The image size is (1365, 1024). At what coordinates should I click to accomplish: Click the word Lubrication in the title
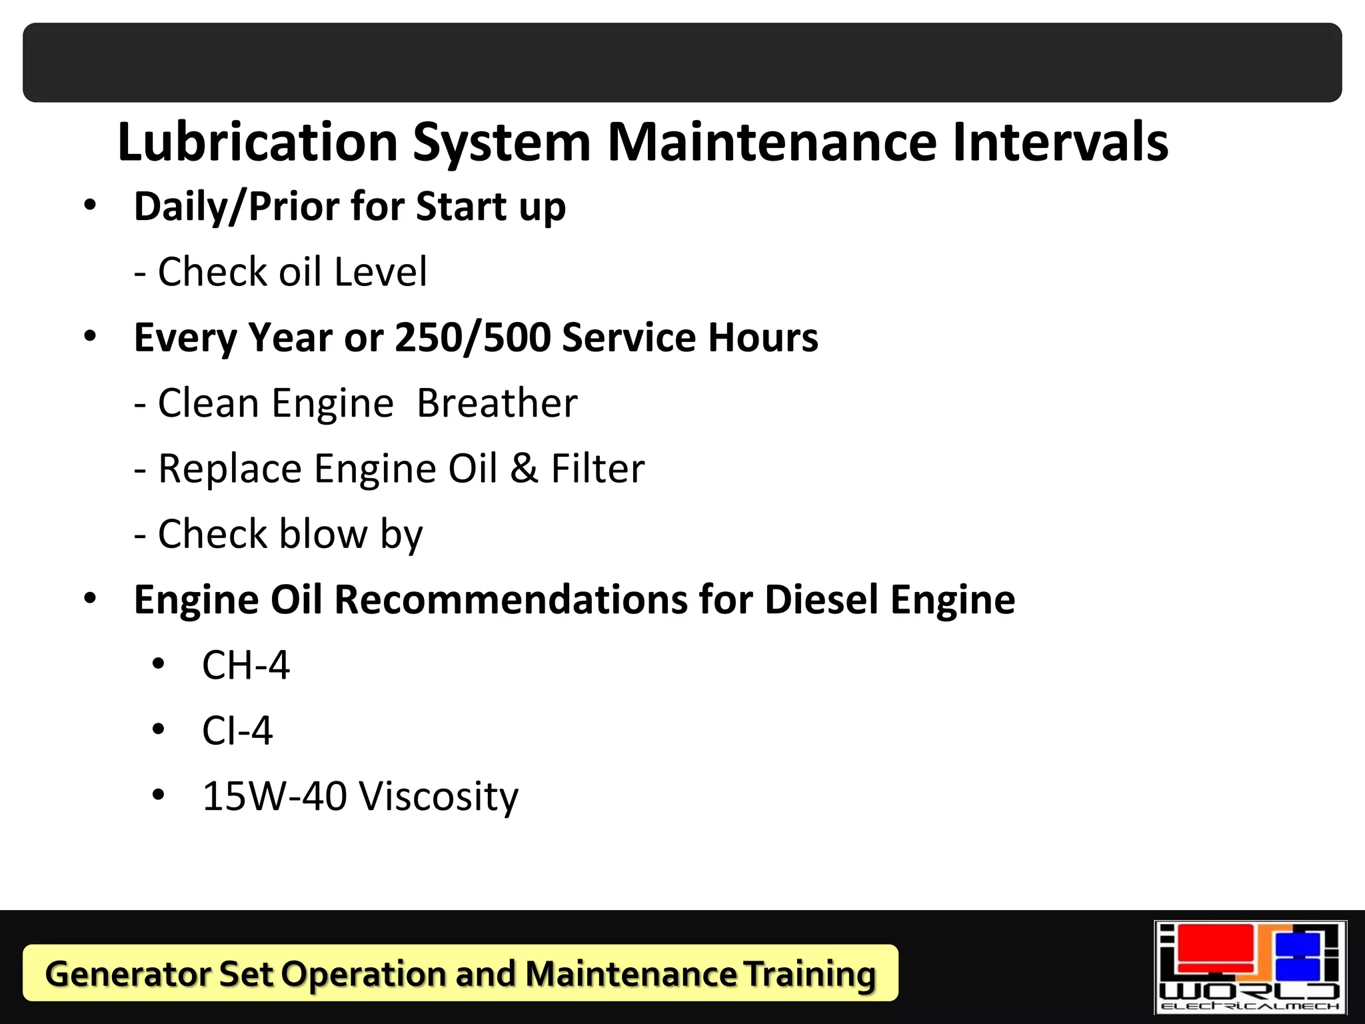click(x=257, y=142)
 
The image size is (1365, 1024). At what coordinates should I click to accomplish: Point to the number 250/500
click(x=473, y=337)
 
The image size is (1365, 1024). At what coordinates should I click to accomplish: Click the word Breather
click(x=497, y=403)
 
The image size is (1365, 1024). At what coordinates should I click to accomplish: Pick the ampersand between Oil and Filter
click(x=524, y=468)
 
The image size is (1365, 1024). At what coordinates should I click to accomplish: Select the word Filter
click(x=598, y=468)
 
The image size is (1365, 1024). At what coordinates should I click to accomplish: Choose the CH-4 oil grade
click(x=246, y=665)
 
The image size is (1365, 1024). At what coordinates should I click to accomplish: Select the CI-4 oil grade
click(x=237, y=731)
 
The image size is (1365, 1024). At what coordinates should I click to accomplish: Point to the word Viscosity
click(x=439, y=797)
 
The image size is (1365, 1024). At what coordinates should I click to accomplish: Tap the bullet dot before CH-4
click(x=158, y=664)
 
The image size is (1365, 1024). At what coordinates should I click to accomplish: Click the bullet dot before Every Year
click(x=90, y=336)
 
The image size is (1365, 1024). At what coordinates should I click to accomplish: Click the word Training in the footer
click(x=809, y=974)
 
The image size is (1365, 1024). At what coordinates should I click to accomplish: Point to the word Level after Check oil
click(x=381, y=272)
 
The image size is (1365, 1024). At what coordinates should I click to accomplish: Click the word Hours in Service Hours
click(x=763, y=337)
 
